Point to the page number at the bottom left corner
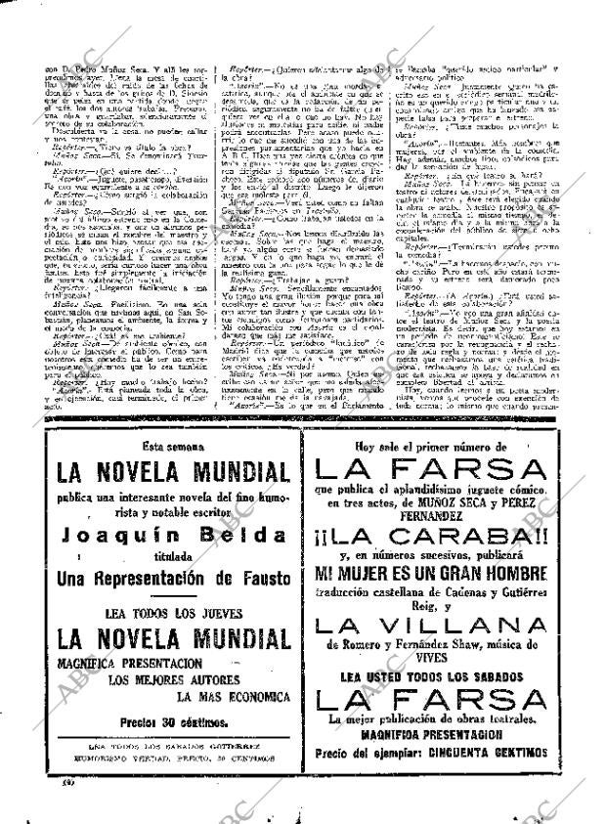[43, 784]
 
